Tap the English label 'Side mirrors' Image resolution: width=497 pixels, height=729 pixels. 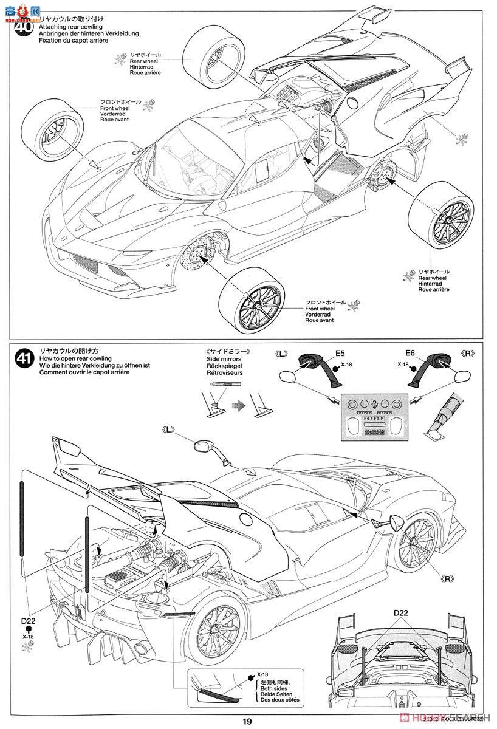click(223, 358)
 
